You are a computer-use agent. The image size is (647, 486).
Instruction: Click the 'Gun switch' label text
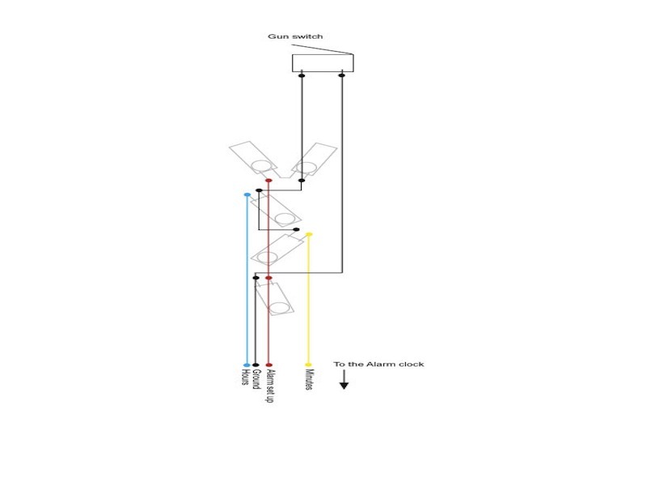point(295,36)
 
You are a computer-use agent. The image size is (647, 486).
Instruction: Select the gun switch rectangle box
point(323,63)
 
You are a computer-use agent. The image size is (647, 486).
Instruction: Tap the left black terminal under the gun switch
point(302,75)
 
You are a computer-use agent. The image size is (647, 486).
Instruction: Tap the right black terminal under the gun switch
point(341,75)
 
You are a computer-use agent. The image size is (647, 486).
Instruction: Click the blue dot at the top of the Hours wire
point(247,194)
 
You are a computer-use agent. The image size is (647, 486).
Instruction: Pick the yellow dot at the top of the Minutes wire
point(309,234)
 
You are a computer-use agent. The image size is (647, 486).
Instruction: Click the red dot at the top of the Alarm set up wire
point(269,180)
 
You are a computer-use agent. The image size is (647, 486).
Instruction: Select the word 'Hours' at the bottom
point(245,377)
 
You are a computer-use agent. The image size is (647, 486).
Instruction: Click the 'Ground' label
point(256,379)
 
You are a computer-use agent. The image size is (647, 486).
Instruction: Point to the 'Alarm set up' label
point(269,386)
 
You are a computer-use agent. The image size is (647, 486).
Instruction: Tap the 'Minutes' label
point(309,379)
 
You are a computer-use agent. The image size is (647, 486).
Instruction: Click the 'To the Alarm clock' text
point(378,364)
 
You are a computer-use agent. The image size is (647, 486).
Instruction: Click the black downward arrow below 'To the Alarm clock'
point(345,379)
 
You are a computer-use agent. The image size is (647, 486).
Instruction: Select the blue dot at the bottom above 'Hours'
point(247,365)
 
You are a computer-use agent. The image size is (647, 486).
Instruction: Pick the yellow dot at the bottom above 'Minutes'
point(308,364)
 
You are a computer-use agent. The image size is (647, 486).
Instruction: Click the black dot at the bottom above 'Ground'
point(256,365)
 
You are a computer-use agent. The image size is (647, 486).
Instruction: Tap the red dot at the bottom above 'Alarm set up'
point(269,365)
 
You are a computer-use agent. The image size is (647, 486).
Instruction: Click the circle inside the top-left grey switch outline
point(261,166)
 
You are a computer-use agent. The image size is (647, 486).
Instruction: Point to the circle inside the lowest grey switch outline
point(279,308)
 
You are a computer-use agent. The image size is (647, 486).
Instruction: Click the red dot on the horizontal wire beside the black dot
point(269,278)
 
